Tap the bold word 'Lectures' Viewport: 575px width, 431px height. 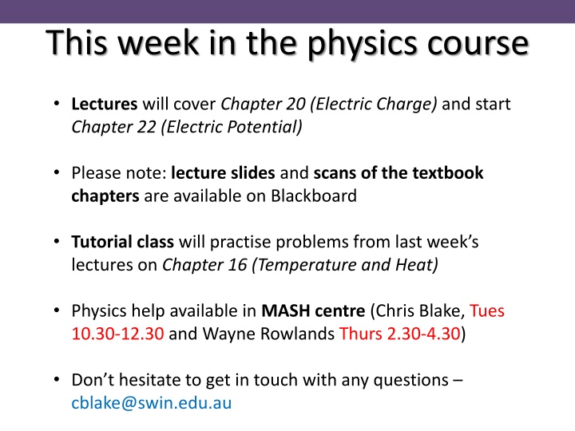(105, 105)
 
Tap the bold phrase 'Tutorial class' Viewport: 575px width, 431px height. (123, 242)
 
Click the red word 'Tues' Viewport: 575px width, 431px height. (487, 310)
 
